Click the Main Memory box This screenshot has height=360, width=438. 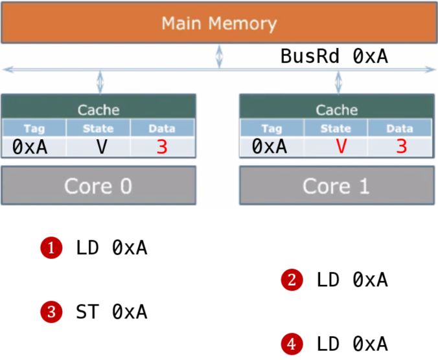(218, 24)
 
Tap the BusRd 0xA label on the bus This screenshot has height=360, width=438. (334, 57)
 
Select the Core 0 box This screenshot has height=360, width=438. (98, 186)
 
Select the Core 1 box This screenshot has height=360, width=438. (336, 186)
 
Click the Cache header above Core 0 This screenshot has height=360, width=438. (98, 109)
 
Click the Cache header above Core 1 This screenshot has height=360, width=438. (336, 109)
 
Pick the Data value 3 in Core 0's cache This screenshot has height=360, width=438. (162, 147)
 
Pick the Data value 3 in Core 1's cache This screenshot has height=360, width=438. (401, 147)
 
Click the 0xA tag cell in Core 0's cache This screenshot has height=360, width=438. (30, 147)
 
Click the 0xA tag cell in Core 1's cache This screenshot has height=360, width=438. (270, 147)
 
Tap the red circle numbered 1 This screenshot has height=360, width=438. (51, 247)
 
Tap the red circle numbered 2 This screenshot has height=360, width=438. (292, 280)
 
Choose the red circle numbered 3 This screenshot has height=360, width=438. (51, 312)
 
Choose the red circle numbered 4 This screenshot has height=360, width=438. (292, 343)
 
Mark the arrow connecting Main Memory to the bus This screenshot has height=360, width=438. (219, 56)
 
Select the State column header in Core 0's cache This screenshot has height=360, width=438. (98, 128)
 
